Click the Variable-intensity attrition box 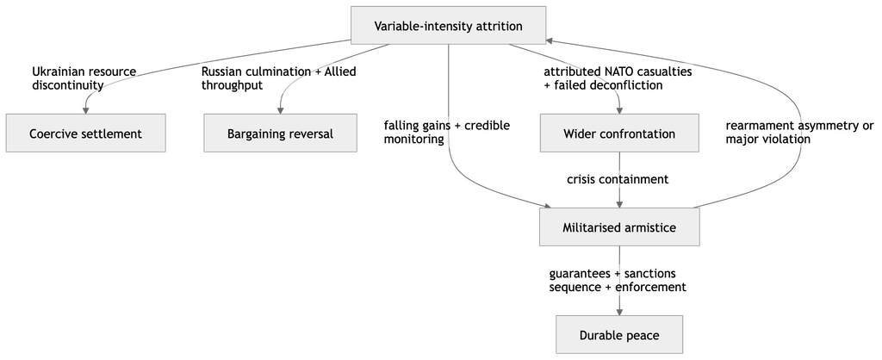(x=448, y=25)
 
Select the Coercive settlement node (x=86, y=133)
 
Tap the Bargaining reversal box (x=280, y=133)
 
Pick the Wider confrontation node (x=619, y=133)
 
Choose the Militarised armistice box (x=619, y=227)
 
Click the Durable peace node (x=619, y=335)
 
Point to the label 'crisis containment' (x=618, y=179)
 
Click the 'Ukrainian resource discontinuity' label (x=84, y=78)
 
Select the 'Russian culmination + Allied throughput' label (x=278, y=78)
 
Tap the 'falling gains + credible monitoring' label (x=447, y=132)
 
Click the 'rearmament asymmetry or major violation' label (x=800, y=132)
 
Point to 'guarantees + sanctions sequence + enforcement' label (x=618, y=280)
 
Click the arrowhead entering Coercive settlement (x=86, y=110)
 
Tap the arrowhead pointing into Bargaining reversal (x=280, y=110)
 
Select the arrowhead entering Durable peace (x=619, y=312)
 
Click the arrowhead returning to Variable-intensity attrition (x=550, y=40)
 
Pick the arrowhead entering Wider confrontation (x=619, y=110)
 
